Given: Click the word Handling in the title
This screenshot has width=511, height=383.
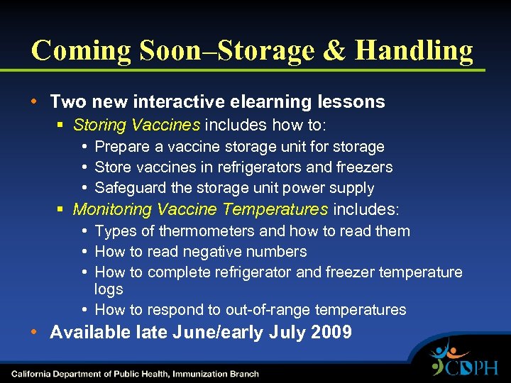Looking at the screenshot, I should (414, 50).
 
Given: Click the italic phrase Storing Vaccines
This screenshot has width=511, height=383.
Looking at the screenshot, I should (136, 126).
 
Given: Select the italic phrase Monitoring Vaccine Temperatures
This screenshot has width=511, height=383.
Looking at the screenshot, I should (200, 210).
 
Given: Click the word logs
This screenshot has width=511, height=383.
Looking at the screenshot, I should (109, 289).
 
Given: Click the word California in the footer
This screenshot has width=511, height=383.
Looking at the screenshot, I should (33, 374).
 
